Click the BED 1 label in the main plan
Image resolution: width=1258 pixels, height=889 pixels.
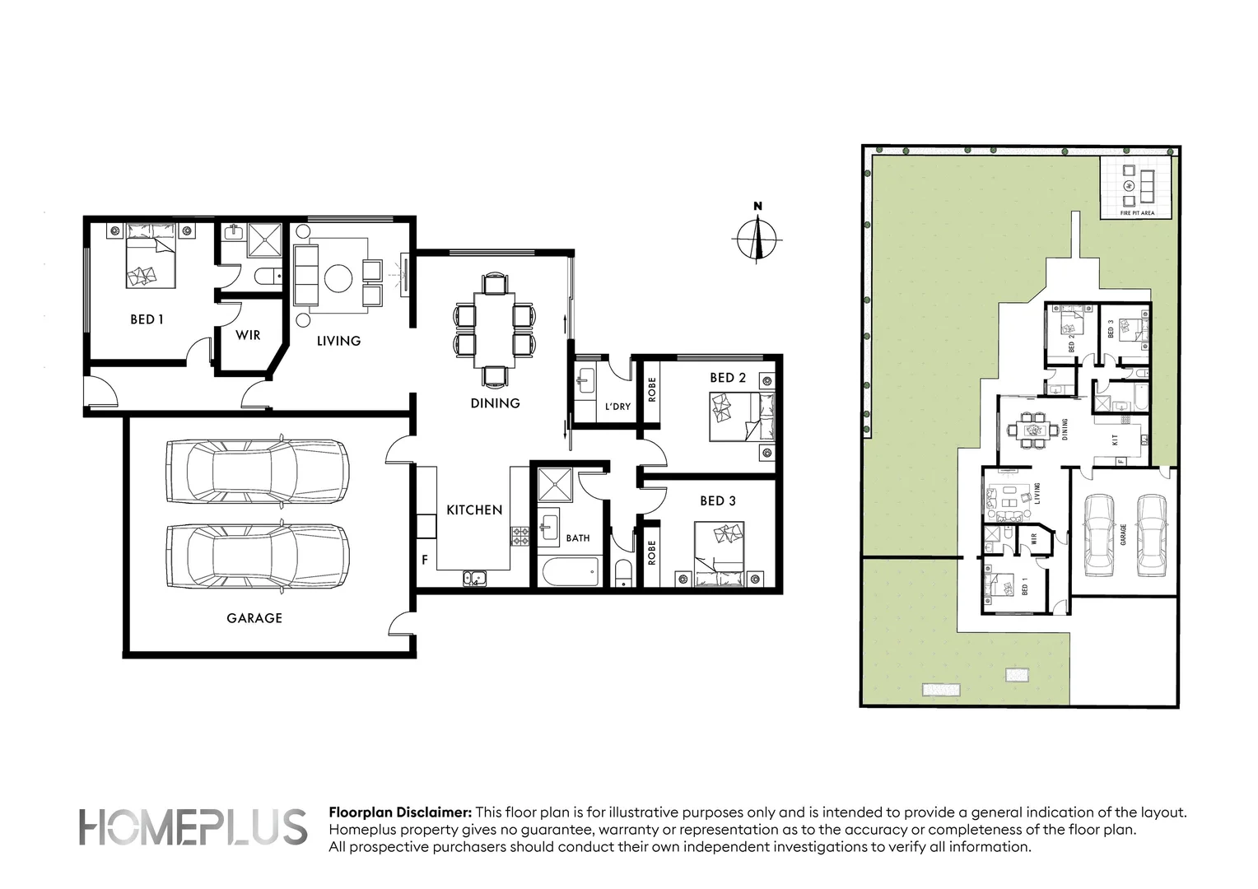[x=147, y=319]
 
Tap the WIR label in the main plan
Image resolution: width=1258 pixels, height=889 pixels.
[x=248, y=335]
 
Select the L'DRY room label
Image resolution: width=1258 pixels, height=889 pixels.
[x=617, y=407]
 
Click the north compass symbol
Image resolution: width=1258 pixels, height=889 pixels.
[x=757, y=239]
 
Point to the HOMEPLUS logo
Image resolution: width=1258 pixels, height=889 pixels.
[x=192, y=827]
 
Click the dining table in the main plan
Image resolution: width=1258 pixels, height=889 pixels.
[x=494, y=330]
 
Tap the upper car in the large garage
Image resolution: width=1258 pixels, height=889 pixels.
[x=258, y=471]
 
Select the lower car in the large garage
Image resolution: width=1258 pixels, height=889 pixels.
[x=258, y=556]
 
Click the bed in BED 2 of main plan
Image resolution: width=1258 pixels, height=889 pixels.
[x=741, y=417]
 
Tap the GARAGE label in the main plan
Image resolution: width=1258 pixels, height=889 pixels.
[x=254, y=618]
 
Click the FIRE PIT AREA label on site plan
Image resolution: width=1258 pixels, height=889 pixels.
[x=1137, y=213]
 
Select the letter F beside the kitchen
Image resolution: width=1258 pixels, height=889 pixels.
[x=425, y=561]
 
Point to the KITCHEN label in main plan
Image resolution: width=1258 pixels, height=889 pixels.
[x=474, y=510]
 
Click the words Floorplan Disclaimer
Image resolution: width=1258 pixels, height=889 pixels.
[x=400, y=812]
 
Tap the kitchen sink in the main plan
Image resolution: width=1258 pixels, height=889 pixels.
[x=473, y=579]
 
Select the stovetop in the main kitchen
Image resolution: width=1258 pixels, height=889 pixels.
[x=520, y=536]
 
